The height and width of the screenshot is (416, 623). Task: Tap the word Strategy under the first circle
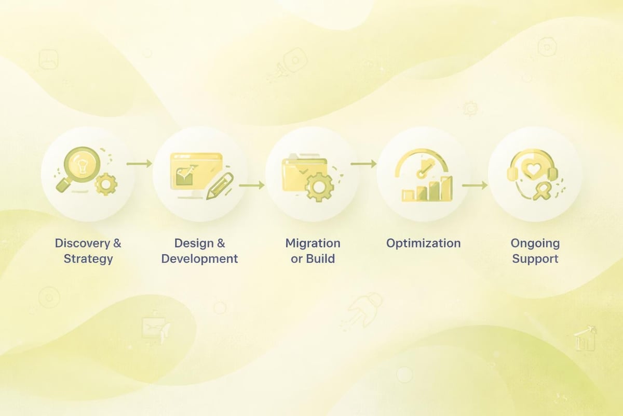[x=88, y=259]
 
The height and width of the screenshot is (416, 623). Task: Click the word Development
[x=200, y=259]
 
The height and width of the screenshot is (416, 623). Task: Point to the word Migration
[x=313, y=243]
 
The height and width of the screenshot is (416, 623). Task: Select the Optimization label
[x=423, y=243]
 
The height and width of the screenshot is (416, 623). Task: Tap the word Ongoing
[x=535, y=243]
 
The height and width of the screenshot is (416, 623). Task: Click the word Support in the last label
[x=535, y=259]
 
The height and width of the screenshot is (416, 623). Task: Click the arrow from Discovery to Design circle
[x=139, y=164]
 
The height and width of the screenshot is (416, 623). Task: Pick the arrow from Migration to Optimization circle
[x=363, y=164]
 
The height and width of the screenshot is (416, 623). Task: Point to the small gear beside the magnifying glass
[x=106, y=184]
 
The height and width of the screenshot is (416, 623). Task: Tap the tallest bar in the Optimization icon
[x=445, y=188]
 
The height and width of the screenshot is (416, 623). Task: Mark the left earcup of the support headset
[x=512, y=173]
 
